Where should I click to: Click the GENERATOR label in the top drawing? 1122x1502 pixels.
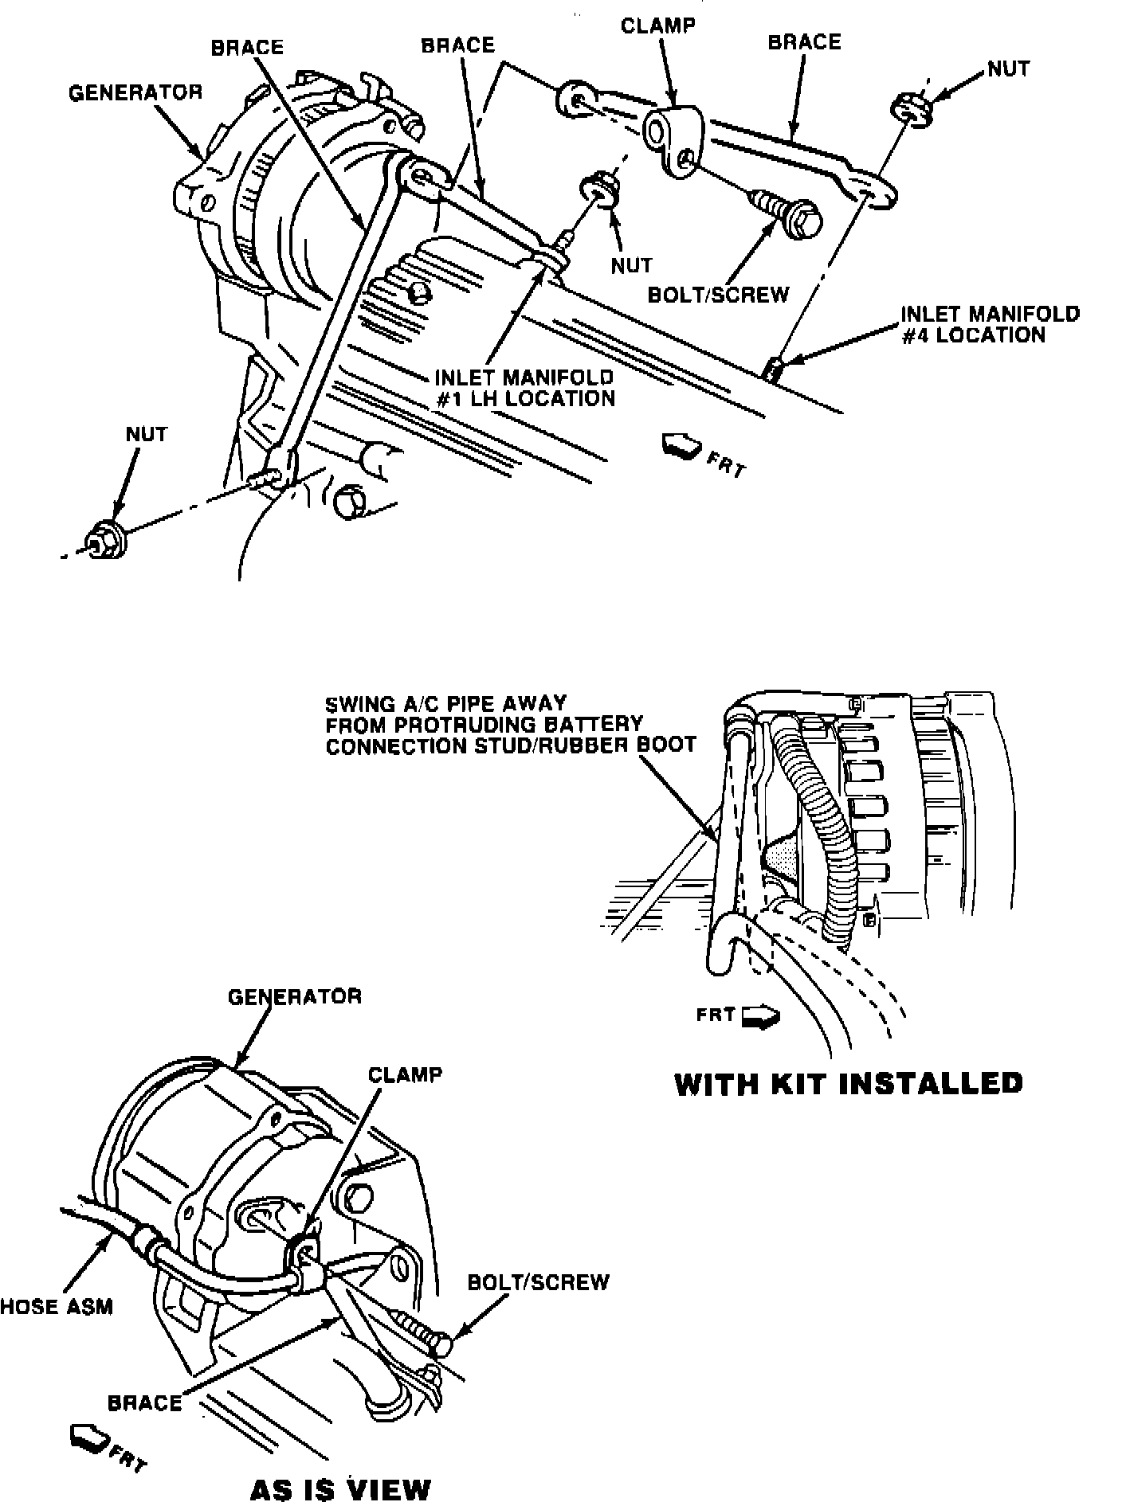(135, 92)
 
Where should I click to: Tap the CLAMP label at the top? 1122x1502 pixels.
(657, 25)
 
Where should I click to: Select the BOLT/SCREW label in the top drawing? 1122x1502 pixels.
(718, 295)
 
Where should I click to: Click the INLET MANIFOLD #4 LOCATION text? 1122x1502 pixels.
(990, 324)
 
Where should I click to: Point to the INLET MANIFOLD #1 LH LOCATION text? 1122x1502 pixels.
(524, 387)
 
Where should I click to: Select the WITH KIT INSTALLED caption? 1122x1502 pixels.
(849, 1084)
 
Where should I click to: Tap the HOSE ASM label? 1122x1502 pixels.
(57, 1306)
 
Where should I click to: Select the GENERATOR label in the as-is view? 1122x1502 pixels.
(294, 996)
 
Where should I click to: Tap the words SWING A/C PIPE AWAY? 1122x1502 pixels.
(445, 703)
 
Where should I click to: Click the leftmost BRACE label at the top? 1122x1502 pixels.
(247, 47)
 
